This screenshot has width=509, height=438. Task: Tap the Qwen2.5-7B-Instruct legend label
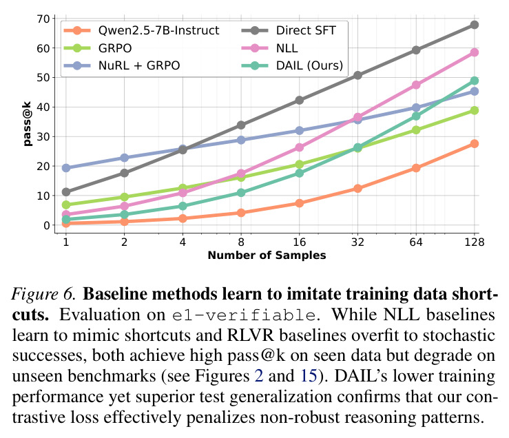point(158,30)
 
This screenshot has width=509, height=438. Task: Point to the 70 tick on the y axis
point(43,19)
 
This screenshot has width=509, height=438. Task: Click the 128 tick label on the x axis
point(475,242)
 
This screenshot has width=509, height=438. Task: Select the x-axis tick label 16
point(300,242)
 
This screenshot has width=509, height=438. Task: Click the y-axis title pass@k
point(28,124)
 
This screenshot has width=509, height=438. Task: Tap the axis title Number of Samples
point(267,255)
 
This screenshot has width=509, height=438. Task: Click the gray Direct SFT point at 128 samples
point(475,25)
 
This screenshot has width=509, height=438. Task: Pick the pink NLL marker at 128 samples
point(475,52)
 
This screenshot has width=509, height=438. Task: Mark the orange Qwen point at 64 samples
point(416,168)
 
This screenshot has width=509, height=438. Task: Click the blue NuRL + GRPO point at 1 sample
point(66,168)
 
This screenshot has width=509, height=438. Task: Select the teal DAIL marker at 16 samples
point(300,174)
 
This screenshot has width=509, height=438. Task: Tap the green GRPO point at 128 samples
point(475,110)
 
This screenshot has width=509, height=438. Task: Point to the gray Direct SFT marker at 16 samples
point(300,101)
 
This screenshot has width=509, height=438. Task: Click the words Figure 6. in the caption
point(44,294)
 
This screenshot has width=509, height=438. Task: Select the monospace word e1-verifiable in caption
point(244,315)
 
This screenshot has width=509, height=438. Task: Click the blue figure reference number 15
point(309,376)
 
